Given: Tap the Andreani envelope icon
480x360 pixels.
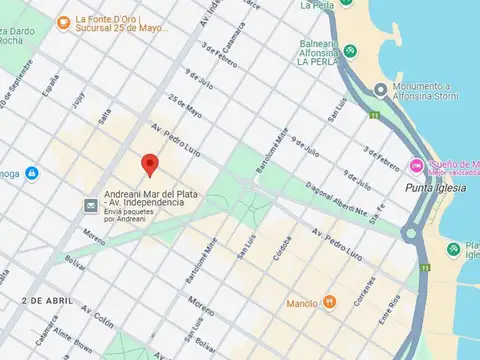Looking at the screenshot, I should click(x=91, y=205).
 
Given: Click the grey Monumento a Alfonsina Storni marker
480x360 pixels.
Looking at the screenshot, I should click(x=380, y=91).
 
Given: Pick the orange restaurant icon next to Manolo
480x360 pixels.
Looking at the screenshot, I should click(x=329, y=302).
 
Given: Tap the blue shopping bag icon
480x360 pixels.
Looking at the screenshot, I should click(x=33, y=174).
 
